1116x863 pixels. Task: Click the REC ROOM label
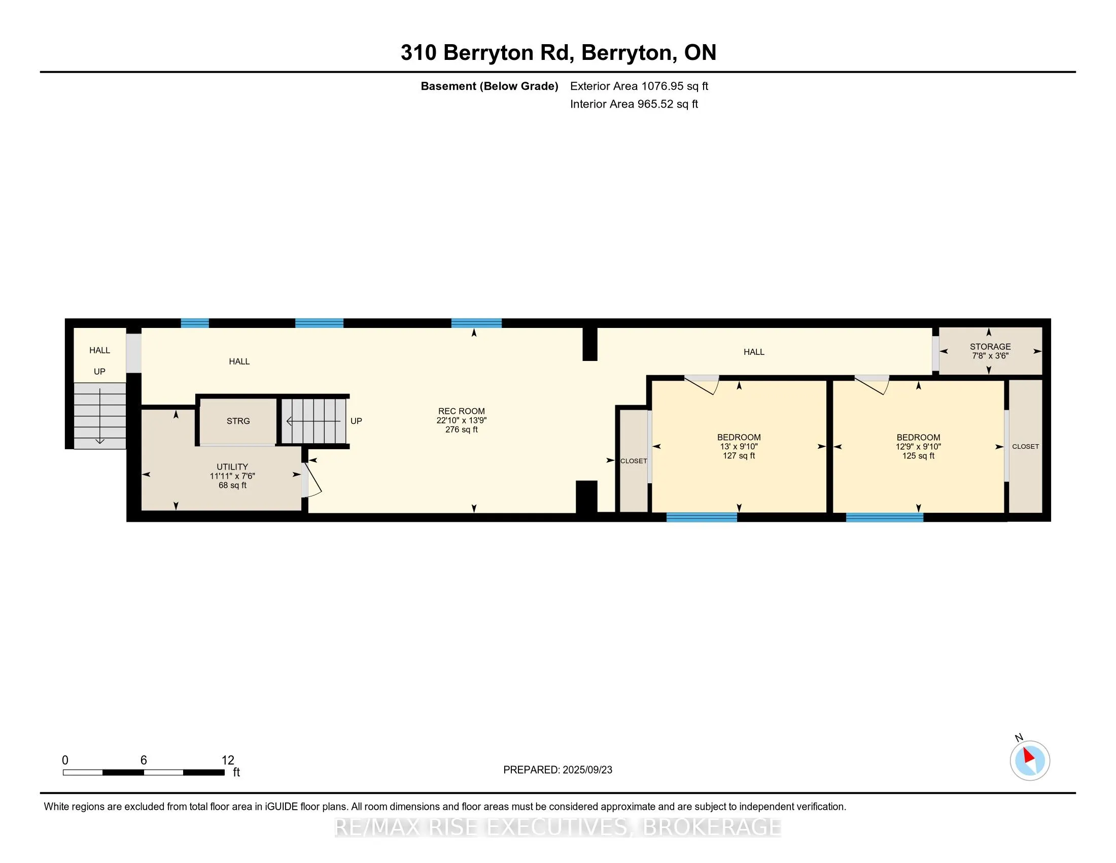tap(462, 420)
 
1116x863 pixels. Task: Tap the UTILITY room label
tap(232, 476)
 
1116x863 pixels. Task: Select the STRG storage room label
tap(238, 421)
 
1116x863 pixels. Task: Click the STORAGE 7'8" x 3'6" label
tap(990, 351)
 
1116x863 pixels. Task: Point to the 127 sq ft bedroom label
tap(739, 446)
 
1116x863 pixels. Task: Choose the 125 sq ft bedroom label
tap(918, 446)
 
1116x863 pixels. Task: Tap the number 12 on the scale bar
tap(228, 760)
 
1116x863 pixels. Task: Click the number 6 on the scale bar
tap(144, 760)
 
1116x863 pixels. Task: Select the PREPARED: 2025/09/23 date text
tap(557, 770)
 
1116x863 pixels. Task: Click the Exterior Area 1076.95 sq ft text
tap(639, 86)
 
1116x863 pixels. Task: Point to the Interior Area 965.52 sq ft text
tap(634, 104)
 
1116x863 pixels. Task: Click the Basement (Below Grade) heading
tap(489, 86)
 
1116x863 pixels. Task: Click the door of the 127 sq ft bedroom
tap(702, 384)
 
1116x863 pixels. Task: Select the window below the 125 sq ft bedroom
tap(885, 517)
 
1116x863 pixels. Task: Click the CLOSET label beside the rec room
tap(634, 460)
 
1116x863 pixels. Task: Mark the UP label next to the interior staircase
tap(356, 421)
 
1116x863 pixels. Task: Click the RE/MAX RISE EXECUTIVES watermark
tap(558, 827)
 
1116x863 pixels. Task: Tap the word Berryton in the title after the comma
tap(626, 53)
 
